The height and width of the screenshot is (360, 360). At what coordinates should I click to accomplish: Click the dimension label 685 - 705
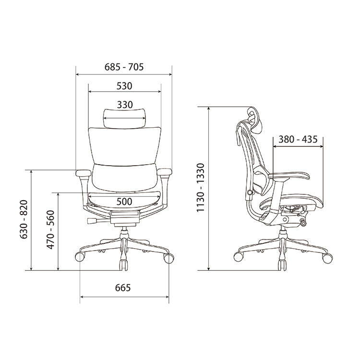(124, 67)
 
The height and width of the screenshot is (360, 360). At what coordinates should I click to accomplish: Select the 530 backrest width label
(124, 86)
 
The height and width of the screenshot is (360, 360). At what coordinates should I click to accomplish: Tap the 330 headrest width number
(125, 105)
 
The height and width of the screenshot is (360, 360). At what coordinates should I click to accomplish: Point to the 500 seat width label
(124, 202)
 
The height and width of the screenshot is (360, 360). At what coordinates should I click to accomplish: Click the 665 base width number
(123, 288)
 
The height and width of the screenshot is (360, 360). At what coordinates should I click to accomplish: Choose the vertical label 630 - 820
(24, 219)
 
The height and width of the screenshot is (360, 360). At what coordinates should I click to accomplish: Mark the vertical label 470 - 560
(50, 229)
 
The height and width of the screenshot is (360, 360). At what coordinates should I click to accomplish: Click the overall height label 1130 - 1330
(201, 187)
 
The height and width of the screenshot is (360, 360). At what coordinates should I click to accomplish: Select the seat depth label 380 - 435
(298, 139)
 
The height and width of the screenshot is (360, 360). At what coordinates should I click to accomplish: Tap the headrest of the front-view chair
(124, 119)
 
